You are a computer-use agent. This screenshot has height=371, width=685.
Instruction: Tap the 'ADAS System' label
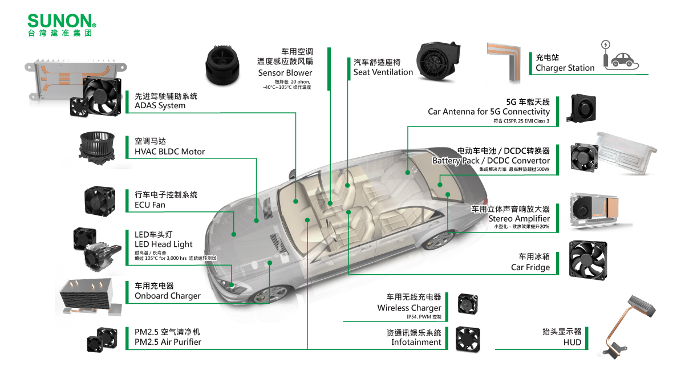160,106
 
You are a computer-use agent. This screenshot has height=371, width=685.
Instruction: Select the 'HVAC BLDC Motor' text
170,152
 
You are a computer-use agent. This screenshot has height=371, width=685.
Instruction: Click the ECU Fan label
150,205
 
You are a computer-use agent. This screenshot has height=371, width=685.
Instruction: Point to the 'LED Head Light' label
163,244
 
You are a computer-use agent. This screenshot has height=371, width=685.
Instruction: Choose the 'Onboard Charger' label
168,296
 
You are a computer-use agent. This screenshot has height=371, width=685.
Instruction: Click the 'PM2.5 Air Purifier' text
168,342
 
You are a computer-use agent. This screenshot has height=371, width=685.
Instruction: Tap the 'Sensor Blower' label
285,73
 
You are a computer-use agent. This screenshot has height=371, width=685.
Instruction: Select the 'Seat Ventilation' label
383,72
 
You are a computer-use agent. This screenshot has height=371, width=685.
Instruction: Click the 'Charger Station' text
565,68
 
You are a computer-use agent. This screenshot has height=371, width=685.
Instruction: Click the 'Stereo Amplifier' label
519,218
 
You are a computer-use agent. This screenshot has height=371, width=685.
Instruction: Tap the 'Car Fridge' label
530,267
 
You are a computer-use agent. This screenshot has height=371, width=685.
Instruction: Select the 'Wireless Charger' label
409,308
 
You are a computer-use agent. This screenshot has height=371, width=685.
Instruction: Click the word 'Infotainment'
416,342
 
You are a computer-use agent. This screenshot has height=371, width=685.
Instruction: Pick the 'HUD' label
572,343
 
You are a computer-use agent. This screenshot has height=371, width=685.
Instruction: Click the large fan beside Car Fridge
588,260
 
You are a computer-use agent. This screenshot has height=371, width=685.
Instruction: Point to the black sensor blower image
222,65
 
